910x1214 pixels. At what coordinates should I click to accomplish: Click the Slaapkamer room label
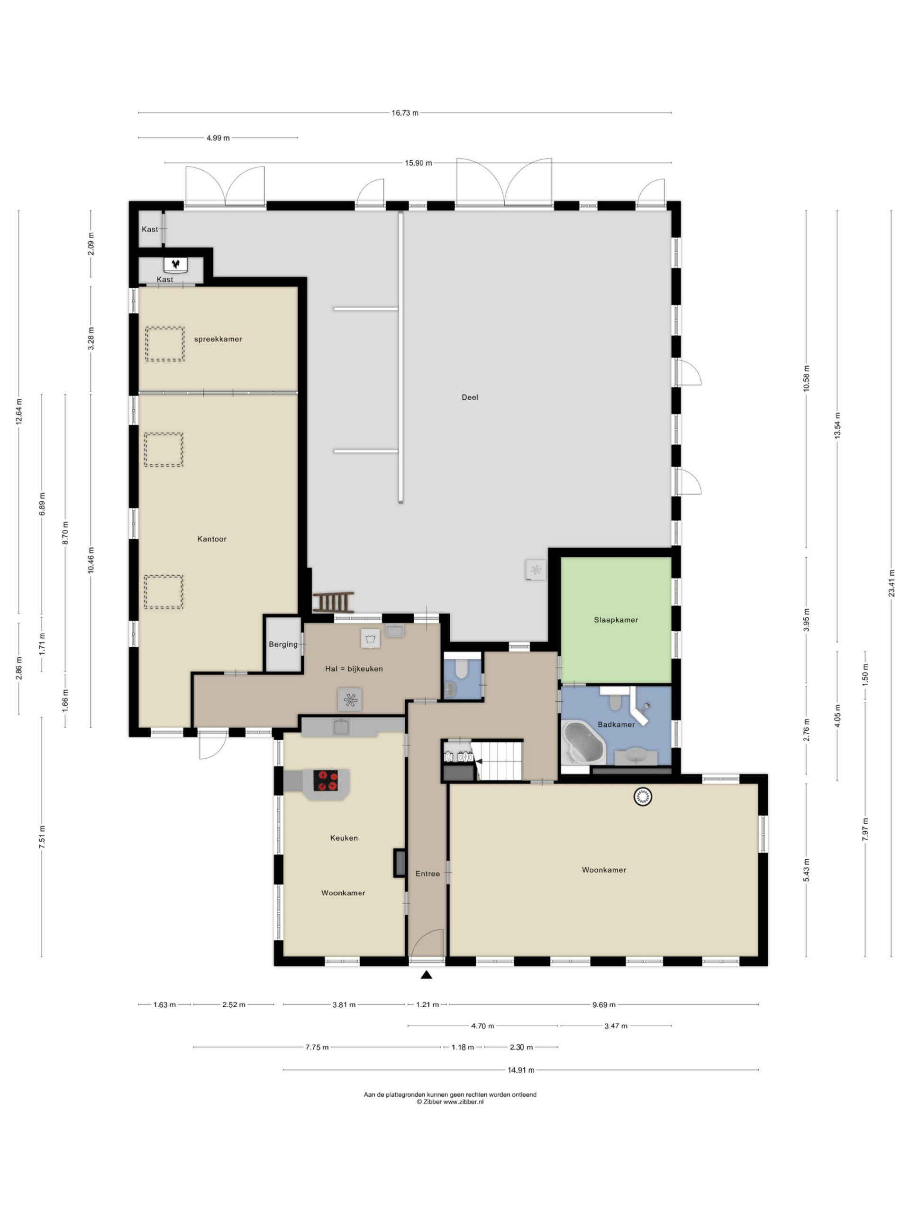(x=616, y=620)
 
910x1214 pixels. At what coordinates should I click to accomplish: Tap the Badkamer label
(x=616, y=725)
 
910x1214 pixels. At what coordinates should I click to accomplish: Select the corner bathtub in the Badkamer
(x=583, y=743)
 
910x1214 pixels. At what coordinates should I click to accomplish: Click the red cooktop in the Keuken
(x=325, y=781)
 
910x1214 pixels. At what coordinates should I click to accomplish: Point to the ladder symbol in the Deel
(x=333, y=602)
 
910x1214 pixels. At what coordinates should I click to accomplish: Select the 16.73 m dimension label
(x=405, y=113)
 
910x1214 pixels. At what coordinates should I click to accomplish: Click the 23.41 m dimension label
(x=892, y=583)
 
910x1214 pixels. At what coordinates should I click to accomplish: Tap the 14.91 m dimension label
(x=520, y=1070)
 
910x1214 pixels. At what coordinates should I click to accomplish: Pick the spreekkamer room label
(x=218, y=339)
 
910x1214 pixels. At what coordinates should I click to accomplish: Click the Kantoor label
(x=212, y=539)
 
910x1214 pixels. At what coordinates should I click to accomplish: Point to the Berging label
(x=283, y=644)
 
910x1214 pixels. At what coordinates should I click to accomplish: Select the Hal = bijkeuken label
(x=354, y=669)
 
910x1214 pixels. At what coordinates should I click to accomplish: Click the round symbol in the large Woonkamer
(x=642, y=796)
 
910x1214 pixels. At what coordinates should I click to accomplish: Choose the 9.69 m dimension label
(x=604, y=1004)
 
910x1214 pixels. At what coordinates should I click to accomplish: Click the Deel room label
(x=470, y=397)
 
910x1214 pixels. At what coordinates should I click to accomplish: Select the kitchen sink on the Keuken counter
(x=342, y=727)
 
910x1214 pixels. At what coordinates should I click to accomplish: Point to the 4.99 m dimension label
(x=218, y=138)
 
